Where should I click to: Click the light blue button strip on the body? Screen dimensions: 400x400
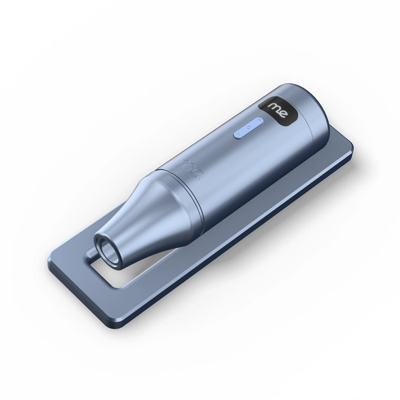247,128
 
